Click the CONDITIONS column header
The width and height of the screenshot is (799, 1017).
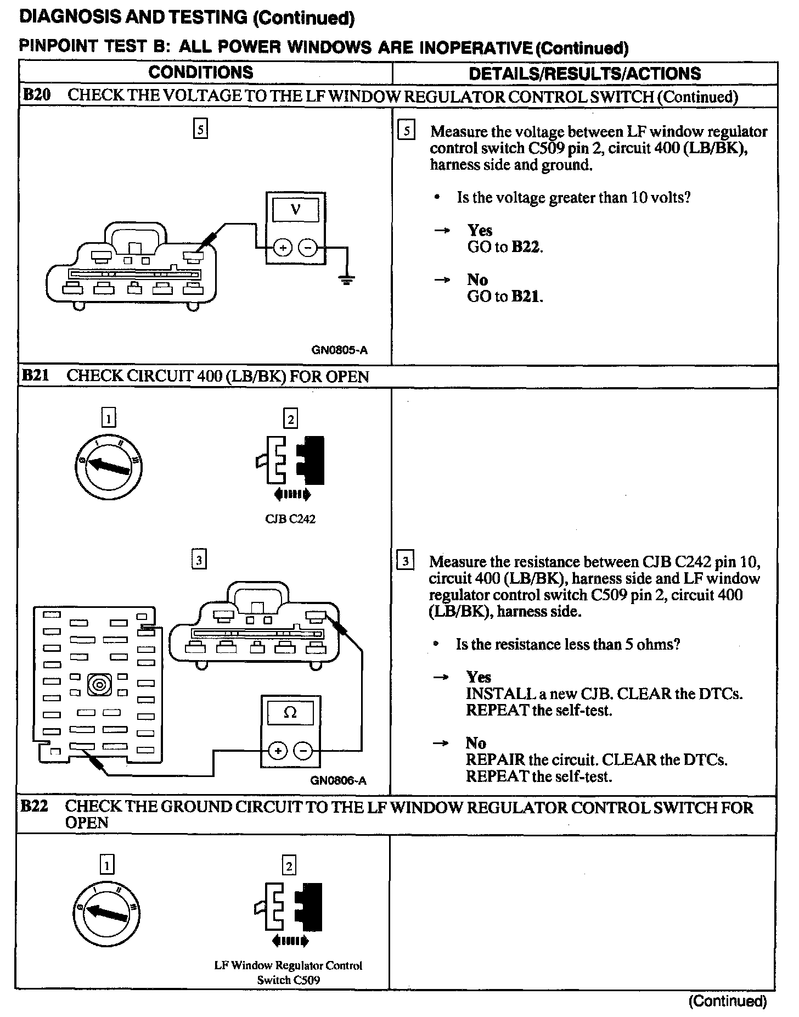(201, 72)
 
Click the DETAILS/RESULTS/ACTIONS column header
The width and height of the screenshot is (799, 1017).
(584, 74)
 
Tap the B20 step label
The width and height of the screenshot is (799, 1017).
(36, 95)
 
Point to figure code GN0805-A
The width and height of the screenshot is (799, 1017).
(339, 350)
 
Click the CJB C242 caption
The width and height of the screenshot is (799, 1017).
(290, 519)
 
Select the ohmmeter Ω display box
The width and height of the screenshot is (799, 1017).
(290, 713)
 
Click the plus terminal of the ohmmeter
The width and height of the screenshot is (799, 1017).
(278, 751)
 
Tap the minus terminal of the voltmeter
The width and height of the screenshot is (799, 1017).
(308, 248)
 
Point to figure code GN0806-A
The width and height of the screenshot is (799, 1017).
(338, 780)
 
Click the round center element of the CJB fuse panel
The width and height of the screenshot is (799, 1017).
(99, 684)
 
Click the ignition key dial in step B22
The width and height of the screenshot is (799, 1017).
(106, 913)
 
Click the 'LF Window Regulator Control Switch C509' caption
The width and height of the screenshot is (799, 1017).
(289, 973)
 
